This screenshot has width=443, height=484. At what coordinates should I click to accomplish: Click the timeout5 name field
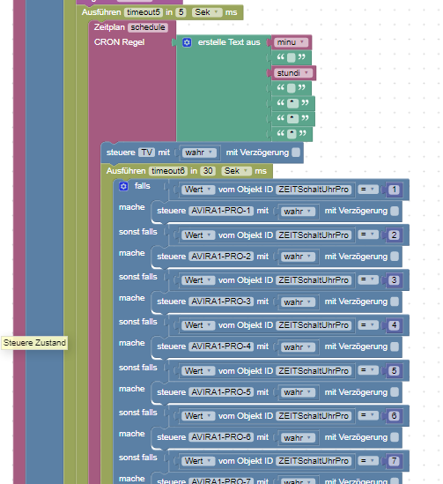coord(144,12)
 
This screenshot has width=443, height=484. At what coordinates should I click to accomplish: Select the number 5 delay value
coord(181,12)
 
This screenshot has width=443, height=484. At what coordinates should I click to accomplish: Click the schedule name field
coord(148,27)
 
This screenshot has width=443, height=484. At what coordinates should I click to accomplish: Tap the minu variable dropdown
coord(291,42)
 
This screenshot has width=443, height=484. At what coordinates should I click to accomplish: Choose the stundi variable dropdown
coord(293,73)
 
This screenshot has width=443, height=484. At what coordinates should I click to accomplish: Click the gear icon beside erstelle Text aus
coord(187,42)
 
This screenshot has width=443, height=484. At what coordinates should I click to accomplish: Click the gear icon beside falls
coord(123,186)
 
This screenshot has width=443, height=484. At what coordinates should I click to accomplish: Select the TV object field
coord(146,153)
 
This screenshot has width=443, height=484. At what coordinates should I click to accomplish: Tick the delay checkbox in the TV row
coord(296,153)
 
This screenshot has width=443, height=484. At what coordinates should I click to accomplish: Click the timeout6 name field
coord(168,171)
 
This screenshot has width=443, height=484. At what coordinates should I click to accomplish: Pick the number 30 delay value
coord(208,171)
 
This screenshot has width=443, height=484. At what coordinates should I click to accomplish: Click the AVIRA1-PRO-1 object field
coord(221,211)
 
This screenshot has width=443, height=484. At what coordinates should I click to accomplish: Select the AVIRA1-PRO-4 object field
coord(221,346)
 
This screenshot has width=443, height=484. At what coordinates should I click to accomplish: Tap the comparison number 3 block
coord(394,280)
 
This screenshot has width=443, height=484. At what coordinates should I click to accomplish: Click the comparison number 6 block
coord(394,416)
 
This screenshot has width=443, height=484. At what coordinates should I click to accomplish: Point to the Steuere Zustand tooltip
coord(34,343)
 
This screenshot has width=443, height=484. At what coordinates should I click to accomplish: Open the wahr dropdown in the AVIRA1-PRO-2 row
coord(298,257)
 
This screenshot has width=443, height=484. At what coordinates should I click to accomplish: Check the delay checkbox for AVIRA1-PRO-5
coord(395,392)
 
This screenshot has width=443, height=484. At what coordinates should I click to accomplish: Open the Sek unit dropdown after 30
coord(236,171)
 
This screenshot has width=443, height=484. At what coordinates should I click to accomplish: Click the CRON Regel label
coord(119,42)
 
